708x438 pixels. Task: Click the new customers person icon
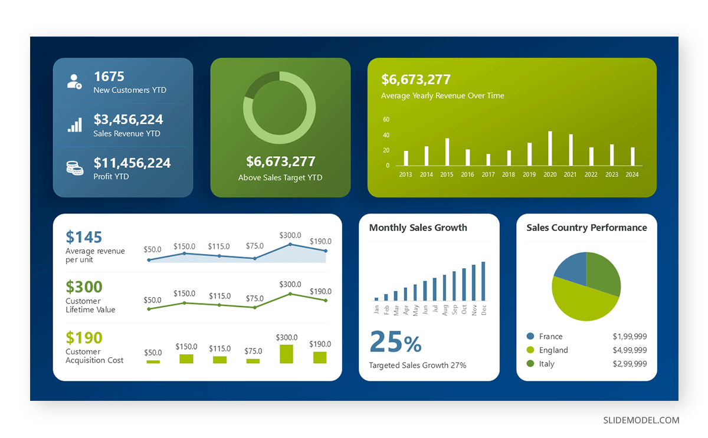[74, 82]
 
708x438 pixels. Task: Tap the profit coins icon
[74, 168]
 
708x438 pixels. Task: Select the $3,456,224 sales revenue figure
[128, 120]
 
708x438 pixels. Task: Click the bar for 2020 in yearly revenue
[550, 149]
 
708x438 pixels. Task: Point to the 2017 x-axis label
[488, 174]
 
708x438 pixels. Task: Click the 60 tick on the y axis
[386, 120]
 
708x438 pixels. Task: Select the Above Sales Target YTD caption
[280, 177]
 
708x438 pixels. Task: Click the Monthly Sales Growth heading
[418, 228]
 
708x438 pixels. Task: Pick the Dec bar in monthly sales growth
[483, 281]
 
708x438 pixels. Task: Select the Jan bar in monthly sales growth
[376, 299]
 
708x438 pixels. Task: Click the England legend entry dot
[530, 350]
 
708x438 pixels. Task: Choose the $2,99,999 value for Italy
[630, 364]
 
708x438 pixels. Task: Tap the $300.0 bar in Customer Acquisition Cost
[286, 354]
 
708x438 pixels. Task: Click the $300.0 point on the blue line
[290, 244]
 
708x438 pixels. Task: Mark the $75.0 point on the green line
[255, 307]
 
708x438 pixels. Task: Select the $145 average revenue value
[84, 237]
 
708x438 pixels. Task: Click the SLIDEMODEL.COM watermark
[641, 420]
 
